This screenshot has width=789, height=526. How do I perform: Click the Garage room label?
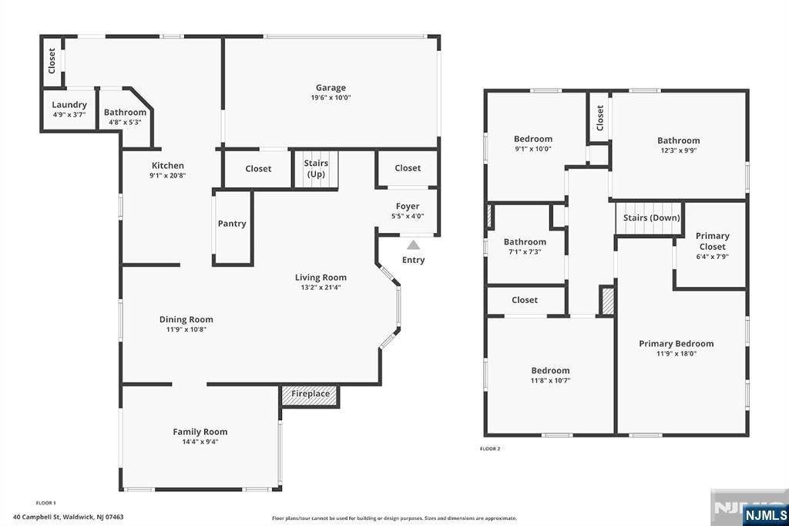(x=331, y=88)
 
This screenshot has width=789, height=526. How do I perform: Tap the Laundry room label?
(x=69, y=105)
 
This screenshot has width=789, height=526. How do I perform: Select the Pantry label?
(x=232, y=223)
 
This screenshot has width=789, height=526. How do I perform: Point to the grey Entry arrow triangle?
(x=413, y=244)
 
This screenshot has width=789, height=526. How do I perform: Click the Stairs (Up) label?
(x=316, y=168)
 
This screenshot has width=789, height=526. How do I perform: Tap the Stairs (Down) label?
(x=652, y=217)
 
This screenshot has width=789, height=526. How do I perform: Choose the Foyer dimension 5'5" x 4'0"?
(x=408, y=216)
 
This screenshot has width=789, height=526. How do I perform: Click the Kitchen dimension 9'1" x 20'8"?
(x=167, y=175)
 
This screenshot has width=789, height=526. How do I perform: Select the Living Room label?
(x=321, y=278)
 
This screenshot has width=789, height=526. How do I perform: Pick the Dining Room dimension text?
(x=186, y=329)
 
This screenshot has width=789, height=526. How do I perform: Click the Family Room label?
(x=200, y=432)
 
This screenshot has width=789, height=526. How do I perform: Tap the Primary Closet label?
(x=713, y=241)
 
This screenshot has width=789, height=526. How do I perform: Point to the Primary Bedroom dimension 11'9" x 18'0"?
(x=677, y=354)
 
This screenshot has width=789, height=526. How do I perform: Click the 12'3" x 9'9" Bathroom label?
(x=678, y=140)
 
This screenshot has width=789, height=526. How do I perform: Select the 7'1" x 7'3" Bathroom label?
(x=525, y=242)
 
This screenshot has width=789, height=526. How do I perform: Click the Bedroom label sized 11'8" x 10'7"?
(x=550, y=370)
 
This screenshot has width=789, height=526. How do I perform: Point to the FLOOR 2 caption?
(x=490, y=448)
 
